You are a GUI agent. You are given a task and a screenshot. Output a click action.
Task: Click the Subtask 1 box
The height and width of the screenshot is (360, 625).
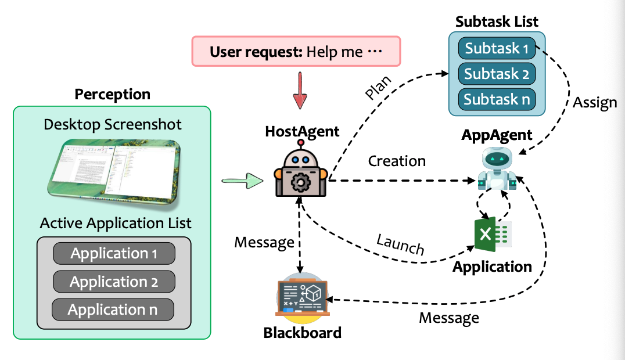point(497,48)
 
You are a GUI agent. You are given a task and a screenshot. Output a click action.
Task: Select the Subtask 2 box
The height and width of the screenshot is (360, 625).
point(497,74)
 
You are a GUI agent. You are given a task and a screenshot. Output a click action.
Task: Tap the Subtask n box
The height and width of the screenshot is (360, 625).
point(497,99)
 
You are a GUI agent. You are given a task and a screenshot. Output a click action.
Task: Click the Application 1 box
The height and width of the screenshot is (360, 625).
point(114,254)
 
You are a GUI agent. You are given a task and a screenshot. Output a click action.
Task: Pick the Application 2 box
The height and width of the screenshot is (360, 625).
point(114,282)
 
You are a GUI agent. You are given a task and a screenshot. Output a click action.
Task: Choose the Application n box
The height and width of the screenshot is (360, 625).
point(113,309)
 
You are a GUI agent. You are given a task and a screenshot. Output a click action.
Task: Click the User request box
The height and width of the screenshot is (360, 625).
point(296,52)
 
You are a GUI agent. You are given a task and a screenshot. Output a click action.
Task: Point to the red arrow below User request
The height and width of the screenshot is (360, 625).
point(299,92)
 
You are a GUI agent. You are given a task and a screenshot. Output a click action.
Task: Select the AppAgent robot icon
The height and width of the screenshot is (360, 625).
point(497,169)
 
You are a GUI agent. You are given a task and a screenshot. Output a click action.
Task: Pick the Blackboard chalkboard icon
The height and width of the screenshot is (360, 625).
point(302,301)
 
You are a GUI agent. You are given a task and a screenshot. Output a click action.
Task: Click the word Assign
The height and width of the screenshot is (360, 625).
point(595,103)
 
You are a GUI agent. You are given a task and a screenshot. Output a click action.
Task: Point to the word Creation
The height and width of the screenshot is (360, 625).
point(397,161)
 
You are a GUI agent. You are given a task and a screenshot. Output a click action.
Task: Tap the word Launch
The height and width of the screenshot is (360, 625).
point(400,244)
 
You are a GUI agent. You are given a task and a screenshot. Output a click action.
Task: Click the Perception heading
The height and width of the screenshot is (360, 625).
point(113,94)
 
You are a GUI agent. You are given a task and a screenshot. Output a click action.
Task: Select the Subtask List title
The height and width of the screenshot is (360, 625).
point(497,22)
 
